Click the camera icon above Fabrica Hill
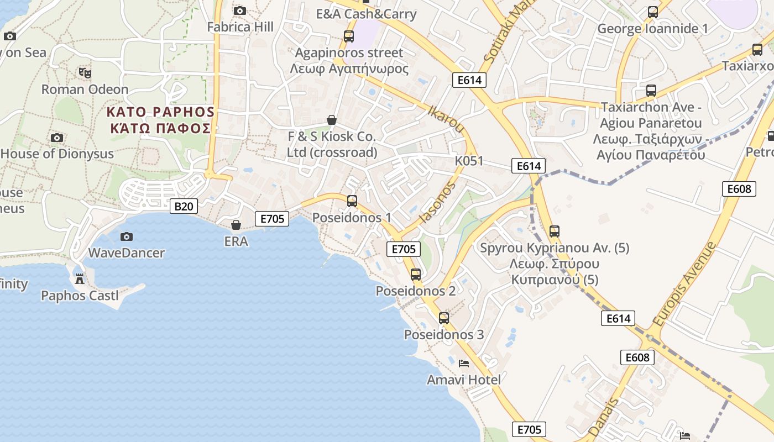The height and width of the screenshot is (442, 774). click(x=240, y=10)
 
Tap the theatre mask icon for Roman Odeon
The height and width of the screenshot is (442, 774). click(x=85, y=72)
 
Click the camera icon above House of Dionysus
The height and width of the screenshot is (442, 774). click(x=56, y=138)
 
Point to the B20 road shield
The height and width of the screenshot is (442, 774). click(x=184, y=207)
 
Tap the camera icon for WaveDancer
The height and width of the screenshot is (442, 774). click(x=127, y=236)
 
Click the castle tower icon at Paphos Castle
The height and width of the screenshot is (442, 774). click(x=80, y=279)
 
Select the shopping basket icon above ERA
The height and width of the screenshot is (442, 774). click(x=236, y=225)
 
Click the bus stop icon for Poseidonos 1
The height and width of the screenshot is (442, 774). click(x=352, y=201)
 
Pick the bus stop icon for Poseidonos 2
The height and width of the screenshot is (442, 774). click(x=416, y=274)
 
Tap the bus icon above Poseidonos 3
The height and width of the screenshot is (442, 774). click(x=444, y=318)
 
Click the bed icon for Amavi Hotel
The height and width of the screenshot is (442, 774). click(x=464, y=363)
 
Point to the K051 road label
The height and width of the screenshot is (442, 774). click(x=469, y=161)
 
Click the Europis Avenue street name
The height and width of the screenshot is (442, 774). click(x=683, y=284)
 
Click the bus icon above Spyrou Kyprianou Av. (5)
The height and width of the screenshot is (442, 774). click(x=555, y=231)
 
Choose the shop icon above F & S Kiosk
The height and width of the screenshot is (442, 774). click(x=332, y=120)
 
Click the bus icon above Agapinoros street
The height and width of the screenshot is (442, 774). click(x=349, y=36)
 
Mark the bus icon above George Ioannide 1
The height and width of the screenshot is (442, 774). click(x=653, y=12)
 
